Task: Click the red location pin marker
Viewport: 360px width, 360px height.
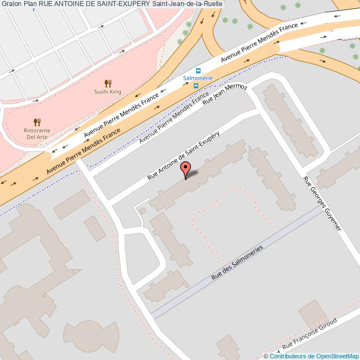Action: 186,169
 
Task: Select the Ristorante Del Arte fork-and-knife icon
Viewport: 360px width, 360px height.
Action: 37,122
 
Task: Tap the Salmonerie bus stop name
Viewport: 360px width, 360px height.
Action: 198,79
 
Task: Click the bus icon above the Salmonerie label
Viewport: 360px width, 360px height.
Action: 198,70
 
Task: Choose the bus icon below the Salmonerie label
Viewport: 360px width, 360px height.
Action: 204,86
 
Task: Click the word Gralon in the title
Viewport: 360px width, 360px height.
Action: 11,4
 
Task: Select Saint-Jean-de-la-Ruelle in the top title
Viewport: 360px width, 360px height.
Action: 184,4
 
